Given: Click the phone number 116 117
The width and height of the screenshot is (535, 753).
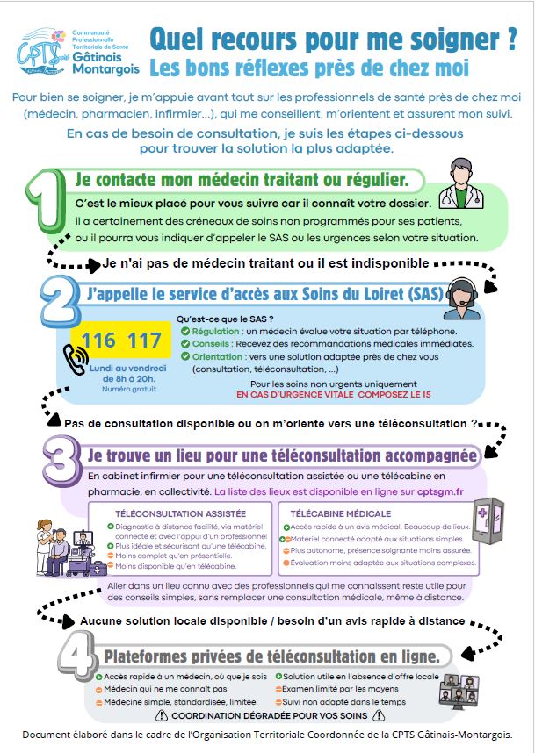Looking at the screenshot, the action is pos(122,341).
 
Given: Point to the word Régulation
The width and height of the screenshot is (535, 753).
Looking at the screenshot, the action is pos(215,331).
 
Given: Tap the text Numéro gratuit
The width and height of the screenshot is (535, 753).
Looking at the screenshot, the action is pos(122,388).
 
